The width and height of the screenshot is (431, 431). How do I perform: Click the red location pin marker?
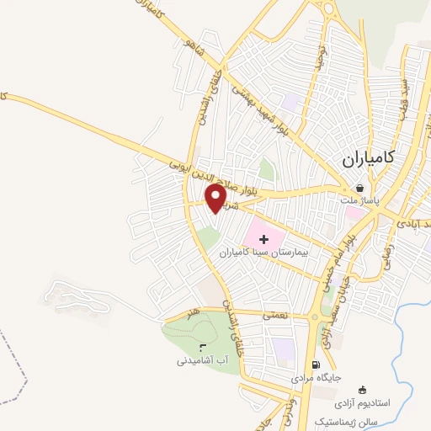click(215, 198)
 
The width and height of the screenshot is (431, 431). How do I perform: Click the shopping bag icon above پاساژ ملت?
click(361, 189)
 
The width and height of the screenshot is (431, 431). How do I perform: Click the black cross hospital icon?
click(265, 239)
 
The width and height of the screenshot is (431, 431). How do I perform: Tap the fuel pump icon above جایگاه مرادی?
click(316, 365)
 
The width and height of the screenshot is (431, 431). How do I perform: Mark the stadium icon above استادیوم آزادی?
click(362, 390)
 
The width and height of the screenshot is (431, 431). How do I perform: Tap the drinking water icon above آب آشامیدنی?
click(201, 348)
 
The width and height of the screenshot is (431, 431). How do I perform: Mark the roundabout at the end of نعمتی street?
click(315, 316)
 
